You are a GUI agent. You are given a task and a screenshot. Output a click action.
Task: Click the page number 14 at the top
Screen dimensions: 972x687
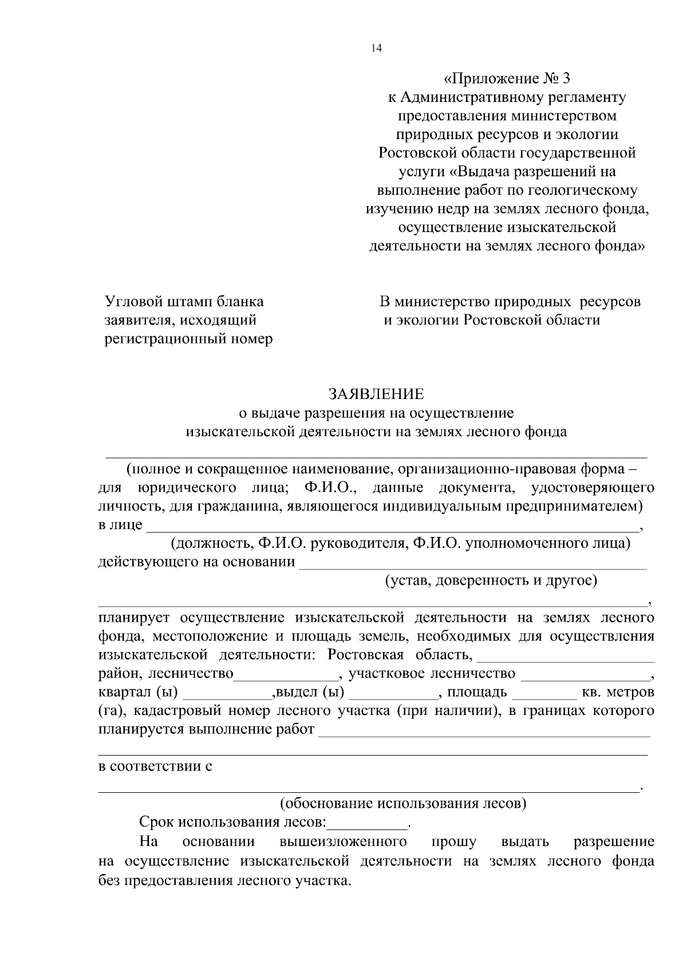coord(376,49)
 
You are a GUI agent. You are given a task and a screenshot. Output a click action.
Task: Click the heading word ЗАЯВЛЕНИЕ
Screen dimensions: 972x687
coord(376,394)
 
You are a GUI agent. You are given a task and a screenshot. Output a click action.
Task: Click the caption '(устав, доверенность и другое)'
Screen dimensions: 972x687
coord(491,580)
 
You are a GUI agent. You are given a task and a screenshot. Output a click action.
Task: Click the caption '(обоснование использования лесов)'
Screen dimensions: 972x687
coord(402,803)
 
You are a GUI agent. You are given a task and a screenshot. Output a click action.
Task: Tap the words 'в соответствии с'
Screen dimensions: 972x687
coord(155,766)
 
